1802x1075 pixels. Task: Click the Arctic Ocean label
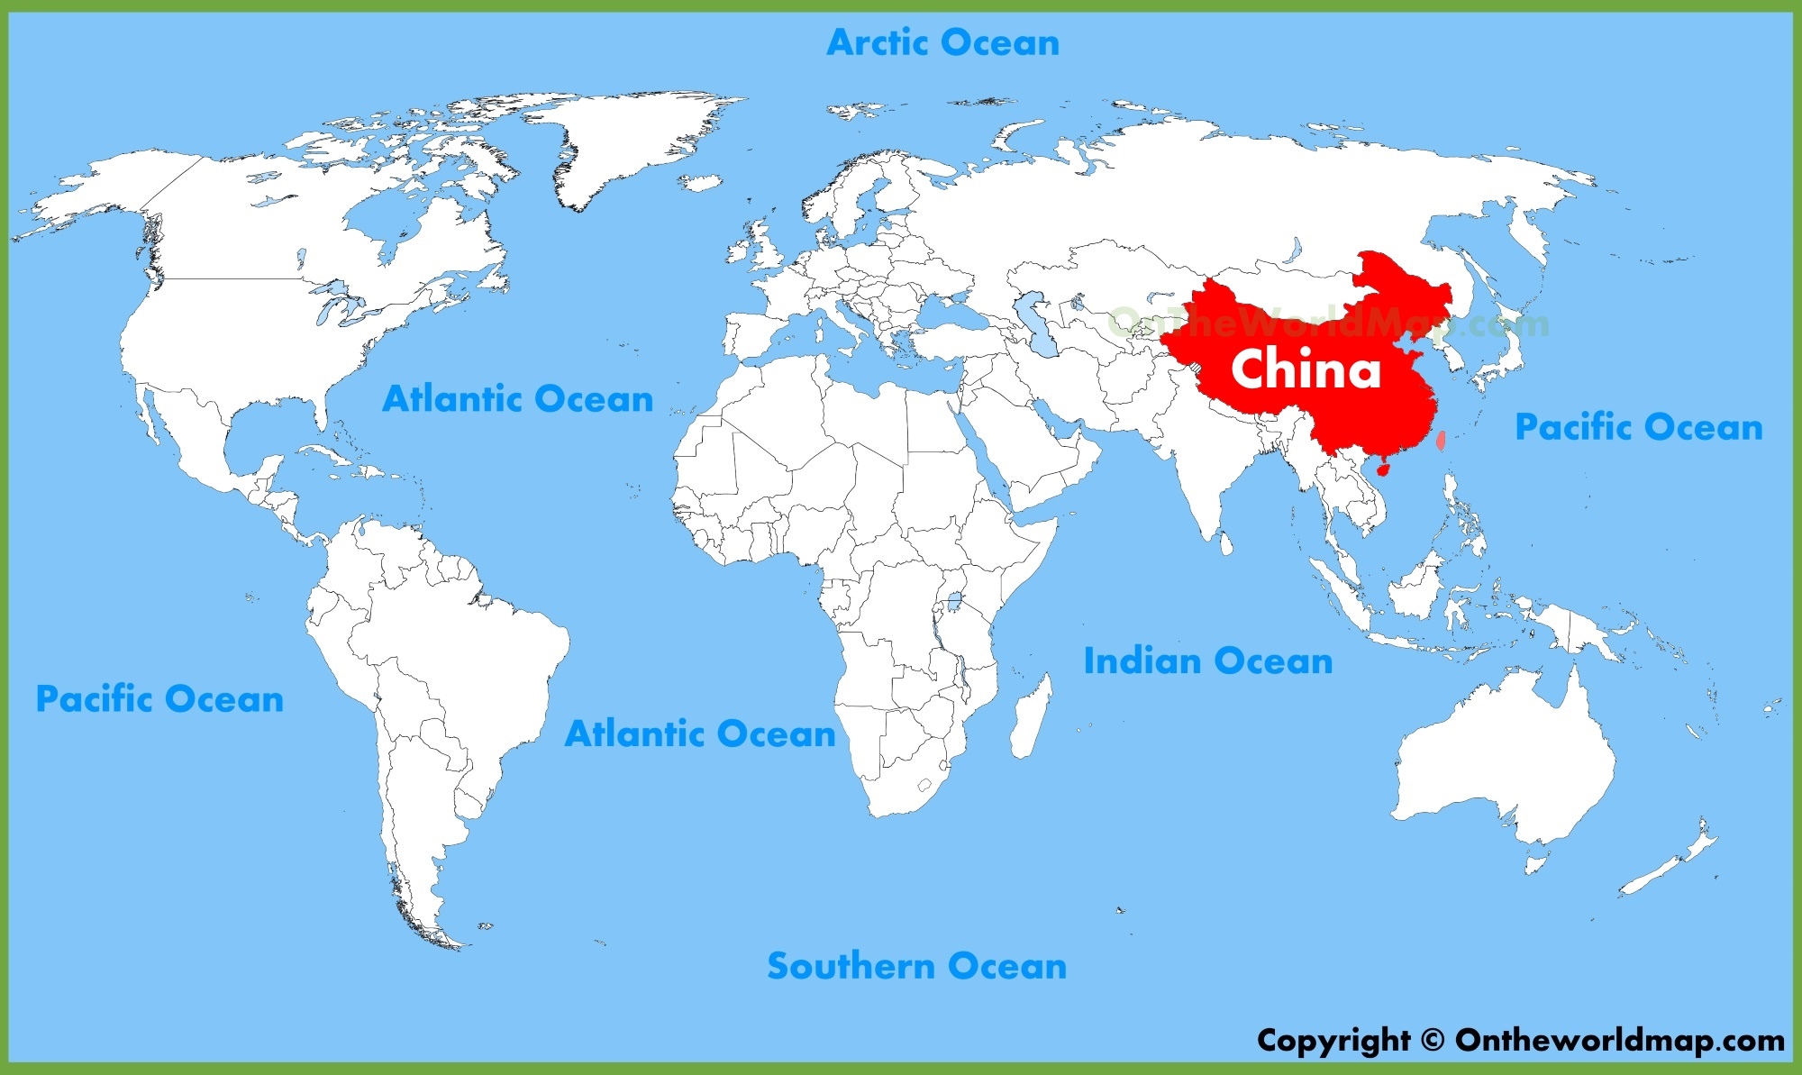pyautogui.click(x=942, y=42)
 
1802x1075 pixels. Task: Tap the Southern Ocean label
pyautogui.click(x=916, y=966)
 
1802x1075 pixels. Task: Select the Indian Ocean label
pyautogui.click(x=1207, y=661)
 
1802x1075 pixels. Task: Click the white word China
pyautogui.click(x=1306, y=369)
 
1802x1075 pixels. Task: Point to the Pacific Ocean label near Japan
pyautogui.click(x=1638, y=427)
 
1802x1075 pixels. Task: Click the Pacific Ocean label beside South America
pyautogui.click(x=159, y=699)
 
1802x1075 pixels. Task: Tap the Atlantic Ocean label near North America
pyautogui.click(x=517, y=399)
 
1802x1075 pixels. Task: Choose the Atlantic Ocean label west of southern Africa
pyautogui.click(x=700, y=734)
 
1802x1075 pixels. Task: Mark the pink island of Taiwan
pyautogui.click(x=1441, y=441)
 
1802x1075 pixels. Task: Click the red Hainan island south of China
pyautogui.click(x=1384, y=469)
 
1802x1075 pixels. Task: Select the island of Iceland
pyautogui.click(x=700, y=182)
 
